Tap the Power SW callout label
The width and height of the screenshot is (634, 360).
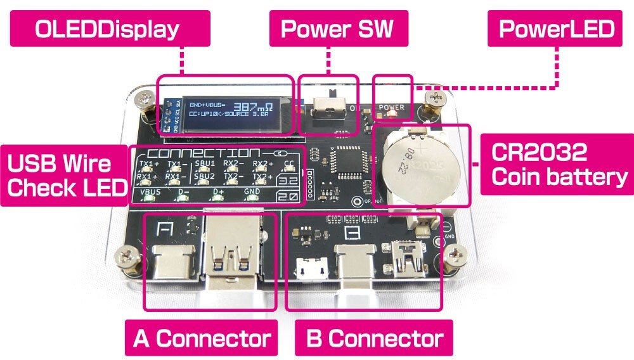337,29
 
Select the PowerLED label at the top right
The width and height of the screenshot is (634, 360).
555,29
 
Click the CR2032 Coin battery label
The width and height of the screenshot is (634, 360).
557,164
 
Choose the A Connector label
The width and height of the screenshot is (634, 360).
201,338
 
